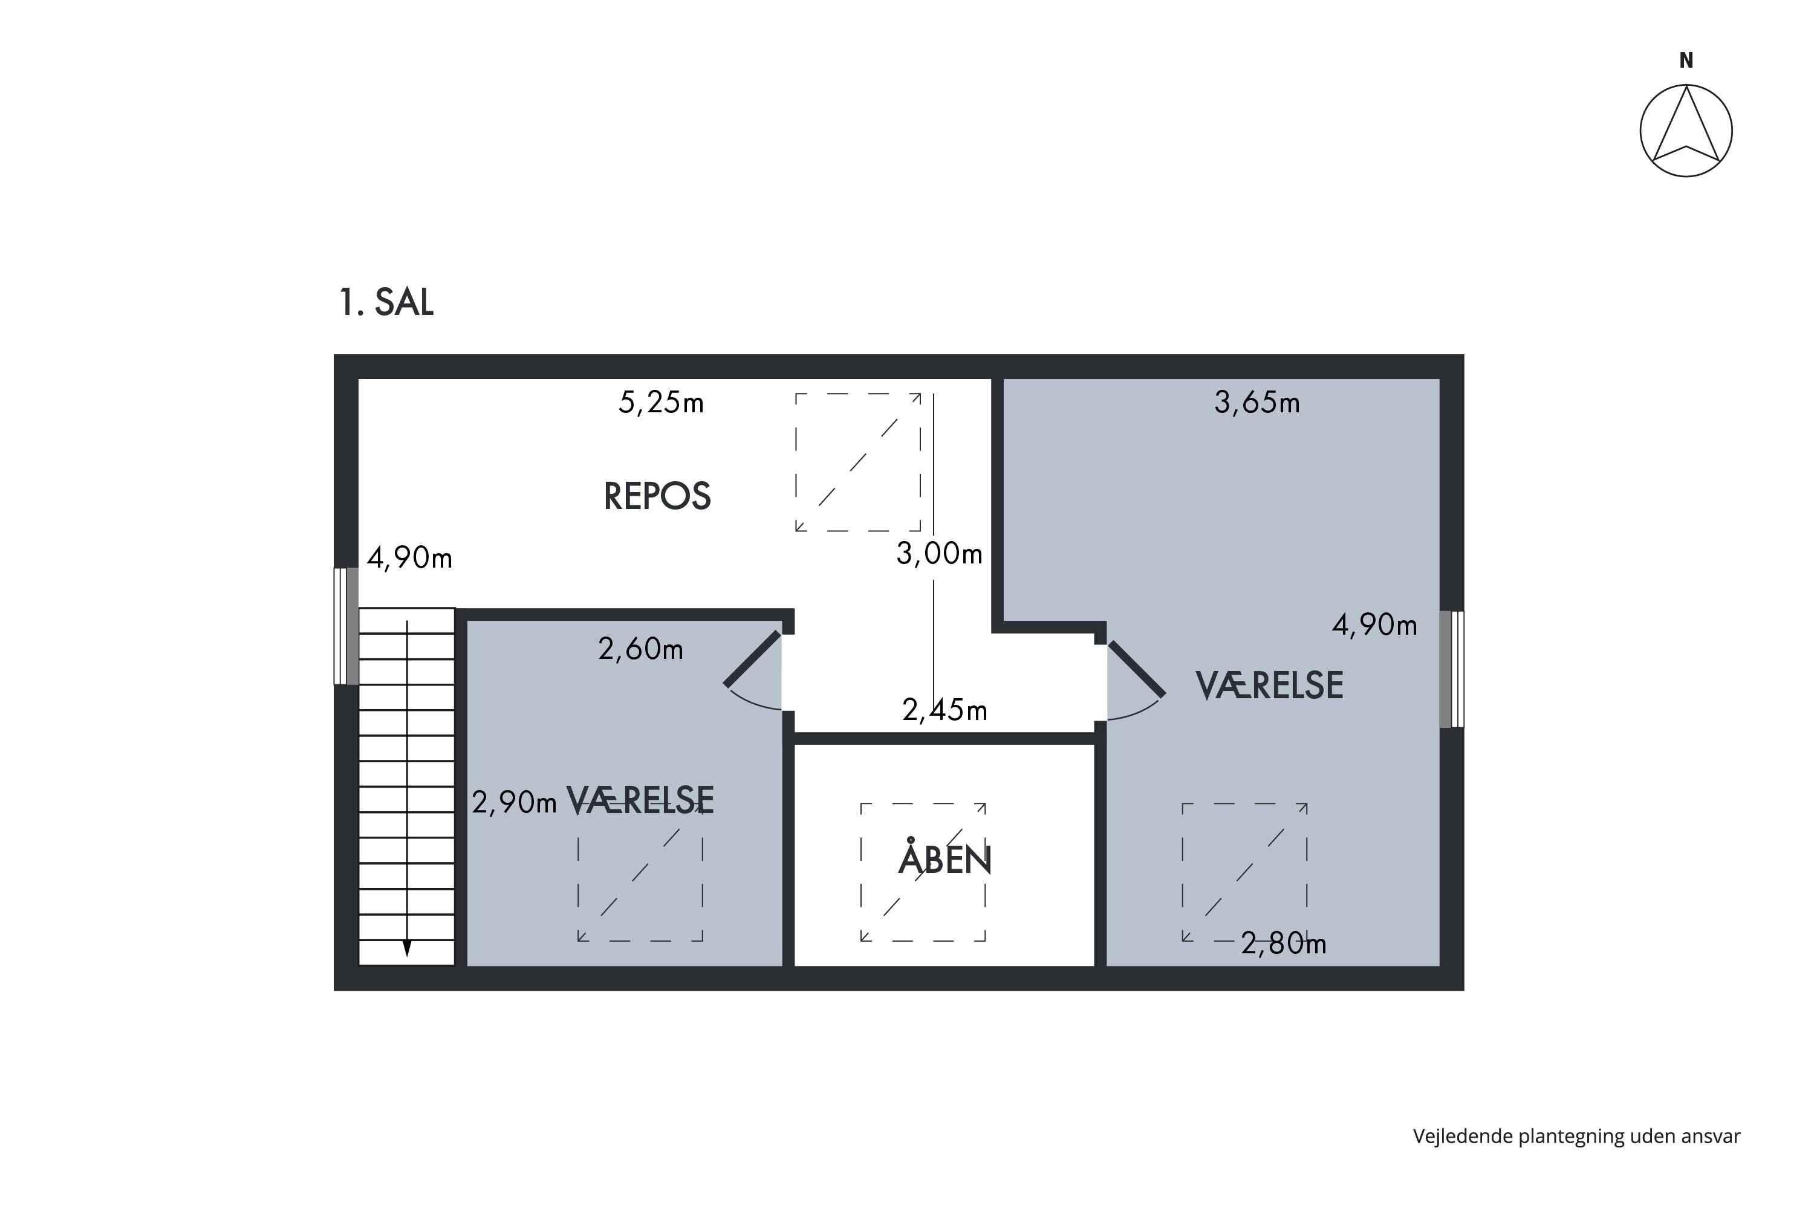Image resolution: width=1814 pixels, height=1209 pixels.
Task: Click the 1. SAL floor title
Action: click(x=386, y=302)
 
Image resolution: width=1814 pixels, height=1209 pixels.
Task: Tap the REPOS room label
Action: click(x=657, y=496)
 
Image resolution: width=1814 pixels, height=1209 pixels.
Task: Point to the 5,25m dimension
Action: click(x=661, y=403)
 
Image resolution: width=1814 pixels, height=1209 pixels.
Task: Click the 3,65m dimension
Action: click(x=1257, y=403)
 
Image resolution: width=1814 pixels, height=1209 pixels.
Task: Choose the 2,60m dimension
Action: click(x=640, y=649)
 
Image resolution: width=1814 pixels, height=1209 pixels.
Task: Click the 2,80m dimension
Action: click(x=1283, y=943)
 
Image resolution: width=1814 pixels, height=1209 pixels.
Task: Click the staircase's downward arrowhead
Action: click(x=407, y=948)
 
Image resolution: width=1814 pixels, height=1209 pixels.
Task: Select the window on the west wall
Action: click(x=346, y=626)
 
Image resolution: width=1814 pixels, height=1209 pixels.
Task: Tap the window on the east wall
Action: click(x=1452, y=669)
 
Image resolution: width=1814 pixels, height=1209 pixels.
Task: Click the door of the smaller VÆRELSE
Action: click(x=752, y=660)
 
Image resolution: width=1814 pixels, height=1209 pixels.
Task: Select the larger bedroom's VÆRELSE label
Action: click(x=1269, y=685)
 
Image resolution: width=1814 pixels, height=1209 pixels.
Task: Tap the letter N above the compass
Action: click(x=1687, y=60)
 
